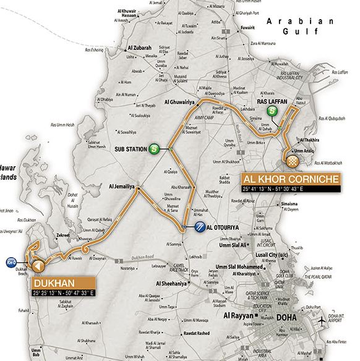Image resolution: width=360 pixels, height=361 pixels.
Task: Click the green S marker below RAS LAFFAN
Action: click(x=272, y=111)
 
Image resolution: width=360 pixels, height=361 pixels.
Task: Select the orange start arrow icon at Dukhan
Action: click(x=37, y=266)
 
